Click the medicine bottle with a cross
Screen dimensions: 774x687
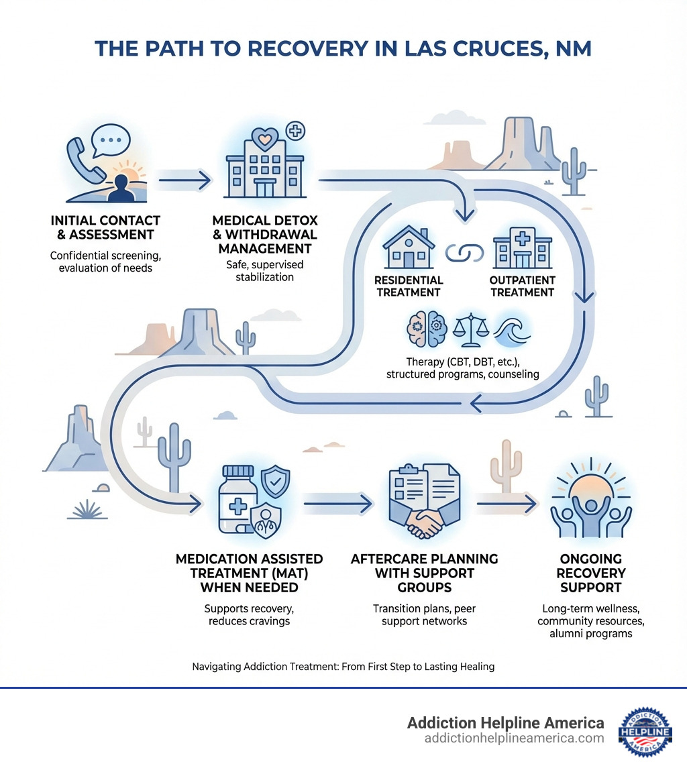click(x=242, y=500)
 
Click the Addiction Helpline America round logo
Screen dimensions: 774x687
click(x=644, y=732)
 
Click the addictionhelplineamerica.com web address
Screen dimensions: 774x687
click(x=514, y=738)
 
